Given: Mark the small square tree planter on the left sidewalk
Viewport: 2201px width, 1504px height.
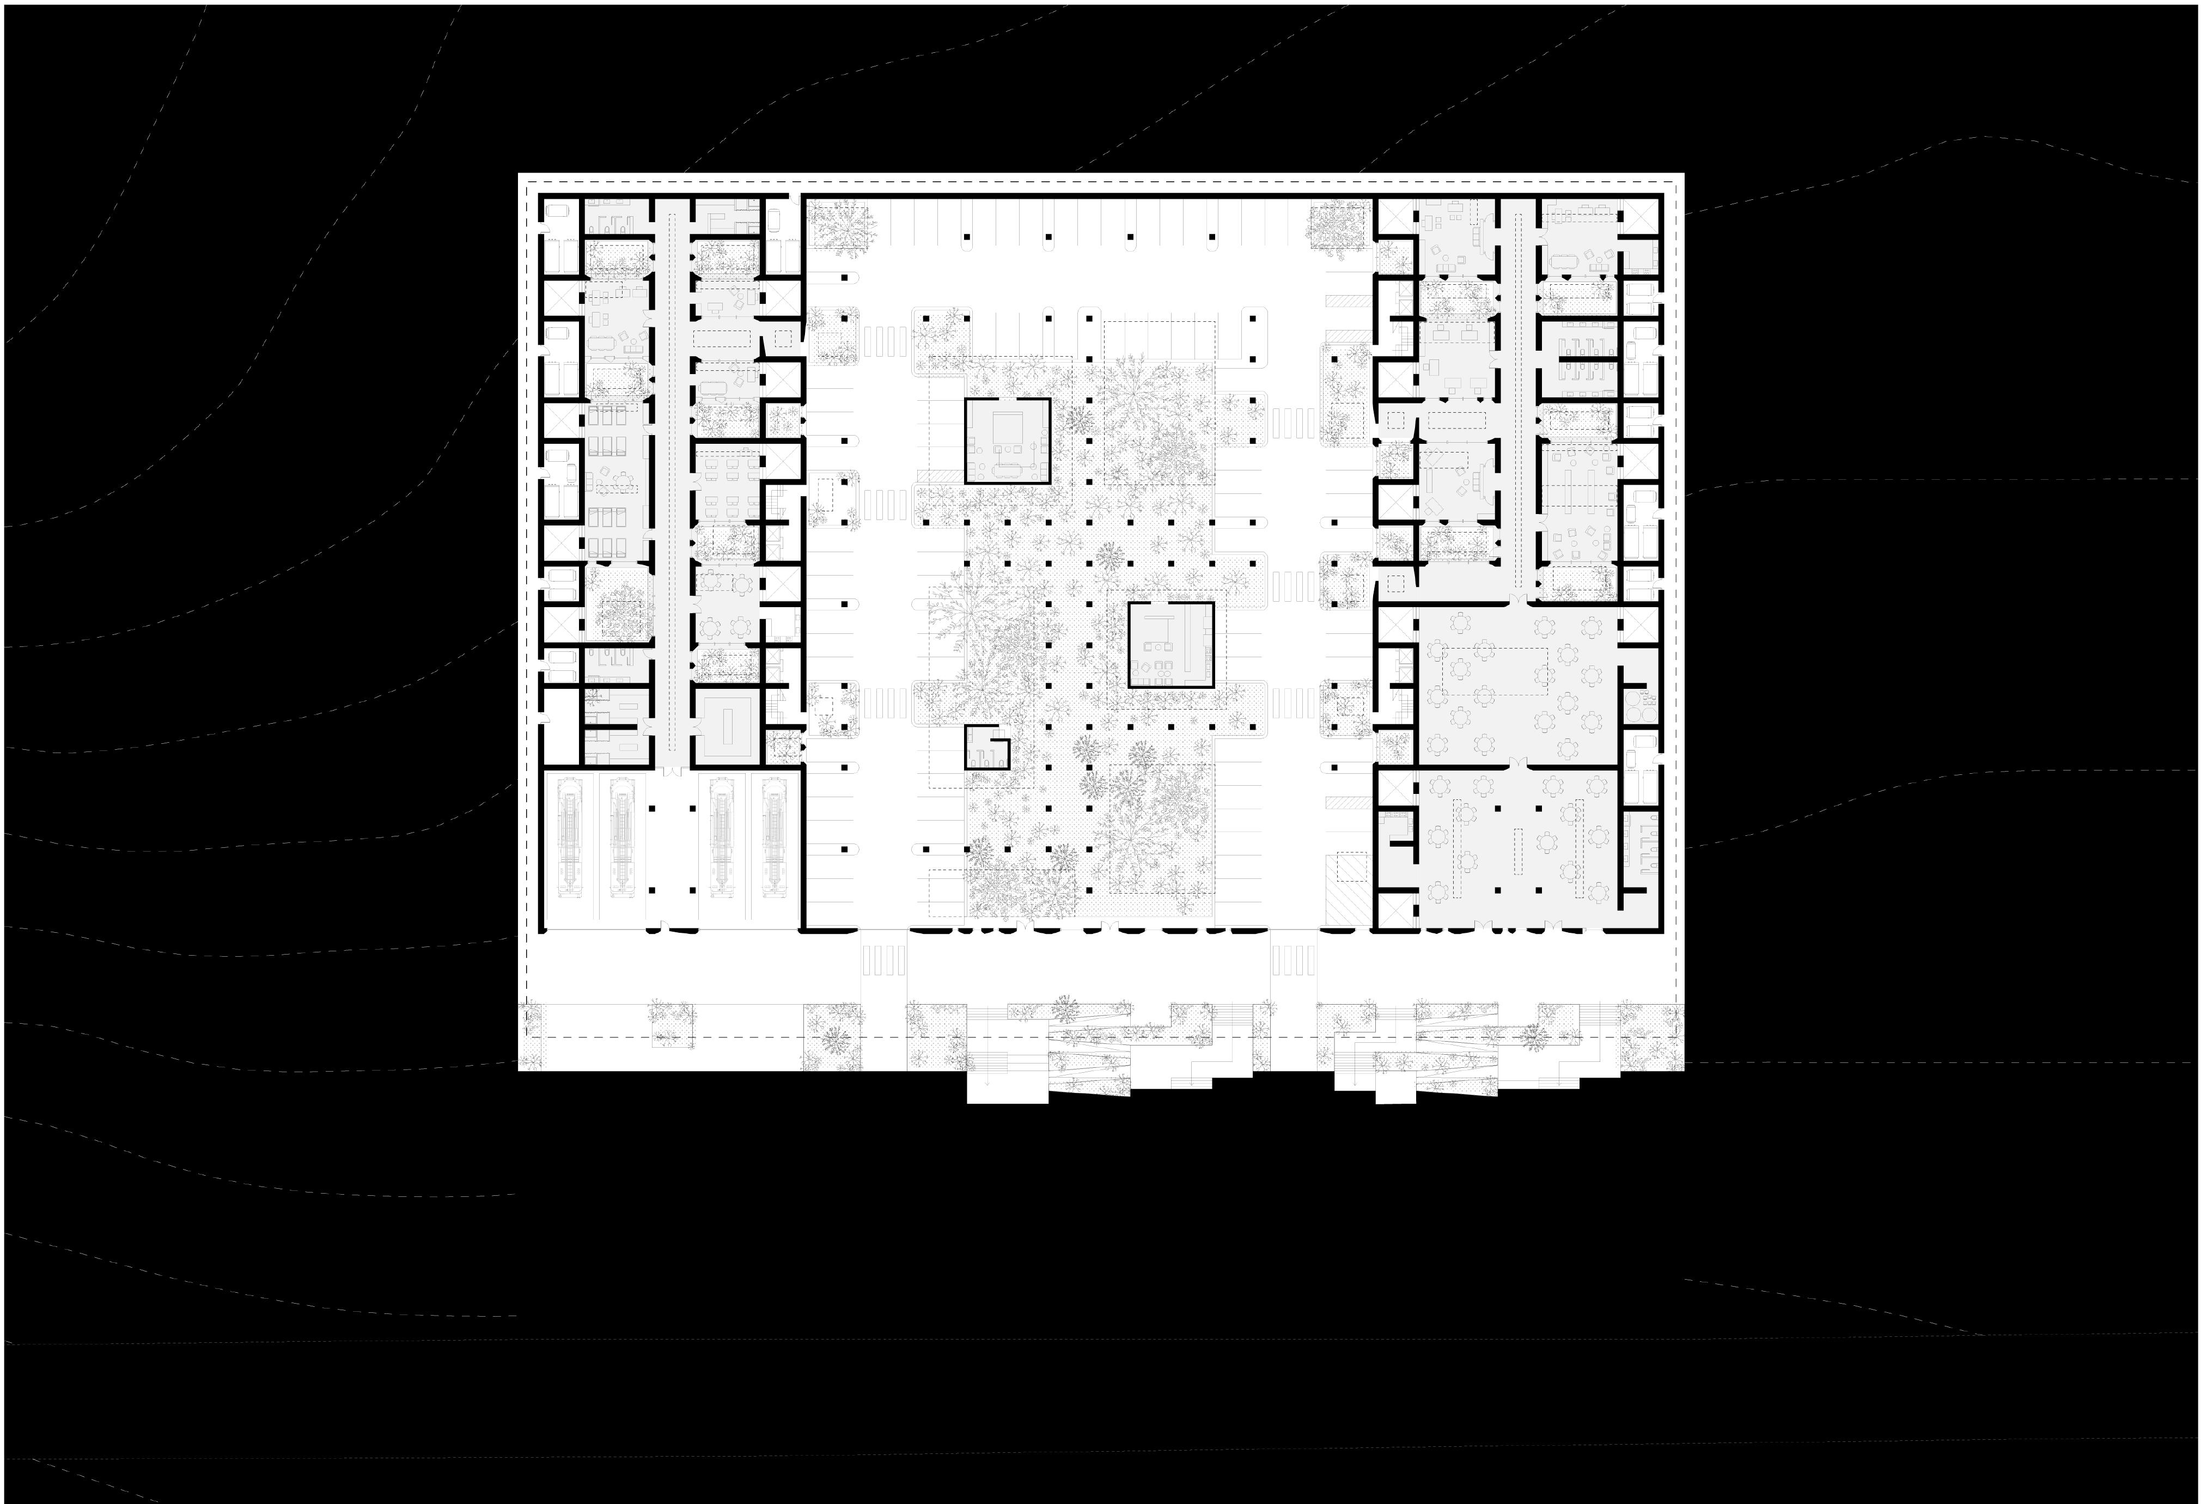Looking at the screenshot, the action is click(672, 1026).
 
